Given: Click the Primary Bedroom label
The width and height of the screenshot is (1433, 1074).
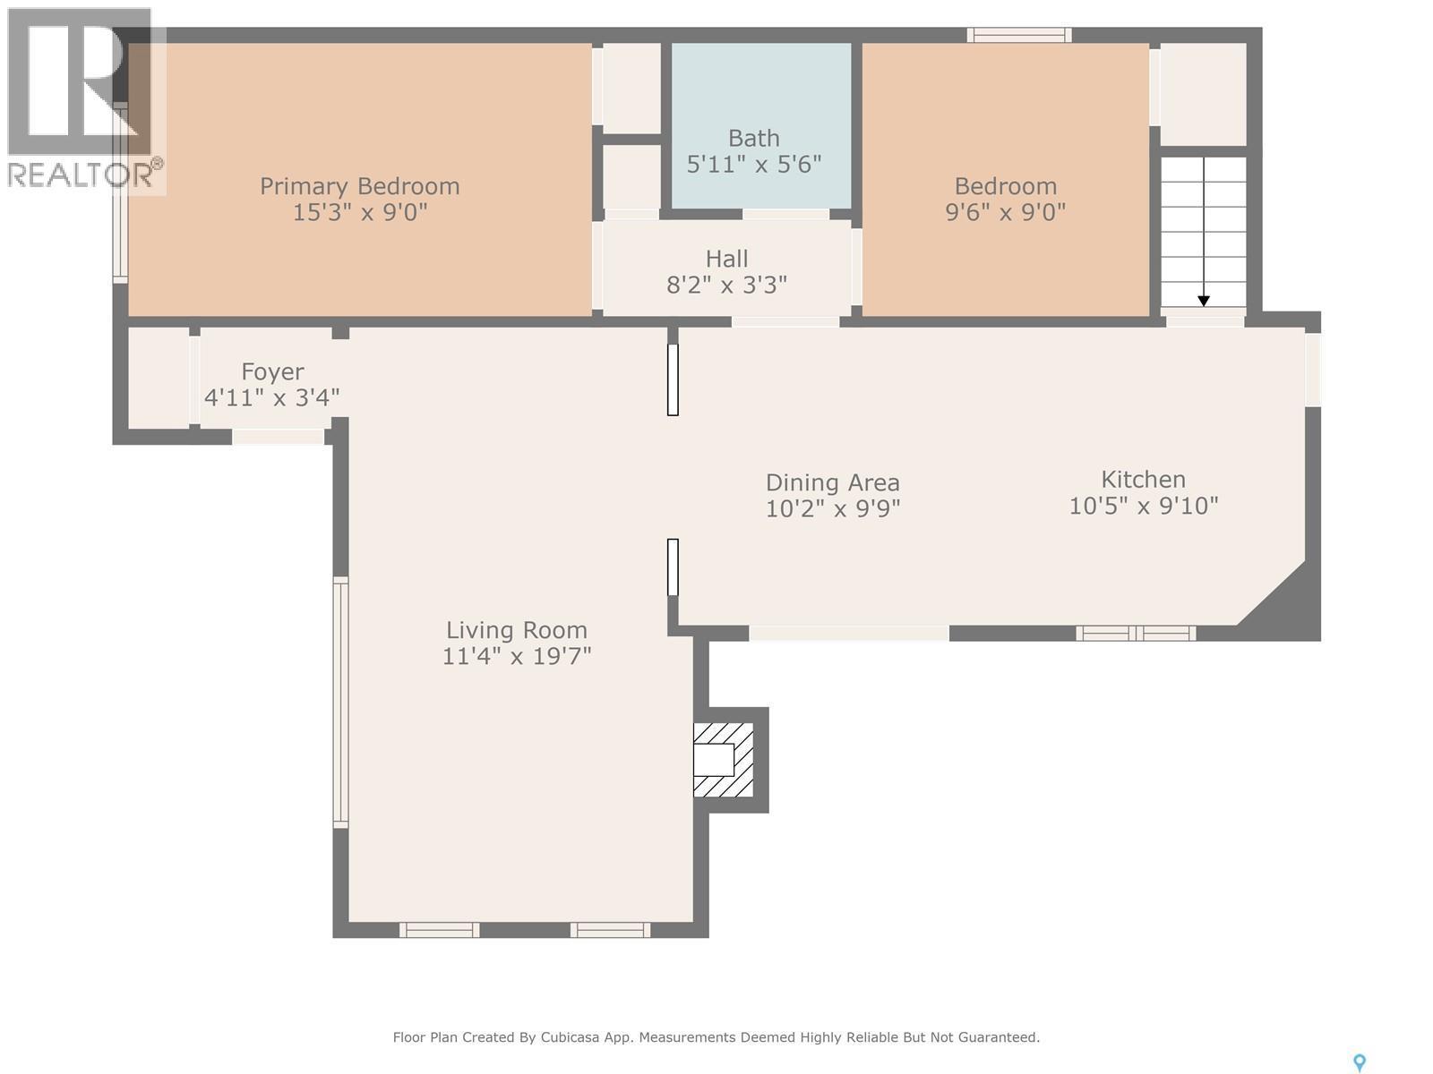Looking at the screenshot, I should (359, 186).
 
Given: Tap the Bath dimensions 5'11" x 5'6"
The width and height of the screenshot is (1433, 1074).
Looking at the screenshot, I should (753, 165).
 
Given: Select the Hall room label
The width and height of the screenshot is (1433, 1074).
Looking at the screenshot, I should (726, 259).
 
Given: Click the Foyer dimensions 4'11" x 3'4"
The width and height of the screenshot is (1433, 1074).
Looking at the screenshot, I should (271, 397).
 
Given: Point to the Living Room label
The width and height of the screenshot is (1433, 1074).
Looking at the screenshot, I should (517, 630).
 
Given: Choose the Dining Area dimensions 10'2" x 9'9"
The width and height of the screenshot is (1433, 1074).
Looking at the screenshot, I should (832, 508).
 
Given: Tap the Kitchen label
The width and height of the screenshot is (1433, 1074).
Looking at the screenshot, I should (1143, 479).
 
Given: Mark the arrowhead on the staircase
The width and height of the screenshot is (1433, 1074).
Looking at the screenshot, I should (1204, 301).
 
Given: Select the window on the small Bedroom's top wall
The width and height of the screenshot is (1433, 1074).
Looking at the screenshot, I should (1018, 36).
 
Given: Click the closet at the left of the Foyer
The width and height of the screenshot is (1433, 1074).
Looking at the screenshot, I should (158, 378).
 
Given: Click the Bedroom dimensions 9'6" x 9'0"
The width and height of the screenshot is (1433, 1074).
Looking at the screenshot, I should (1005, 212).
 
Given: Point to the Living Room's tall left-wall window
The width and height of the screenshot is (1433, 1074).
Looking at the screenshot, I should (340, 702).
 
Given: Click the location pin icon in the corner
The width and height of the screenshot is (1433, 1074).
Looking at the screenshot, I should (1359, 1062).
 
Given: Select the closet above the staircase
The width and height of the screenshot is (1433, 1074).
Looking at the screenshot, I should (1203, 94).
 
